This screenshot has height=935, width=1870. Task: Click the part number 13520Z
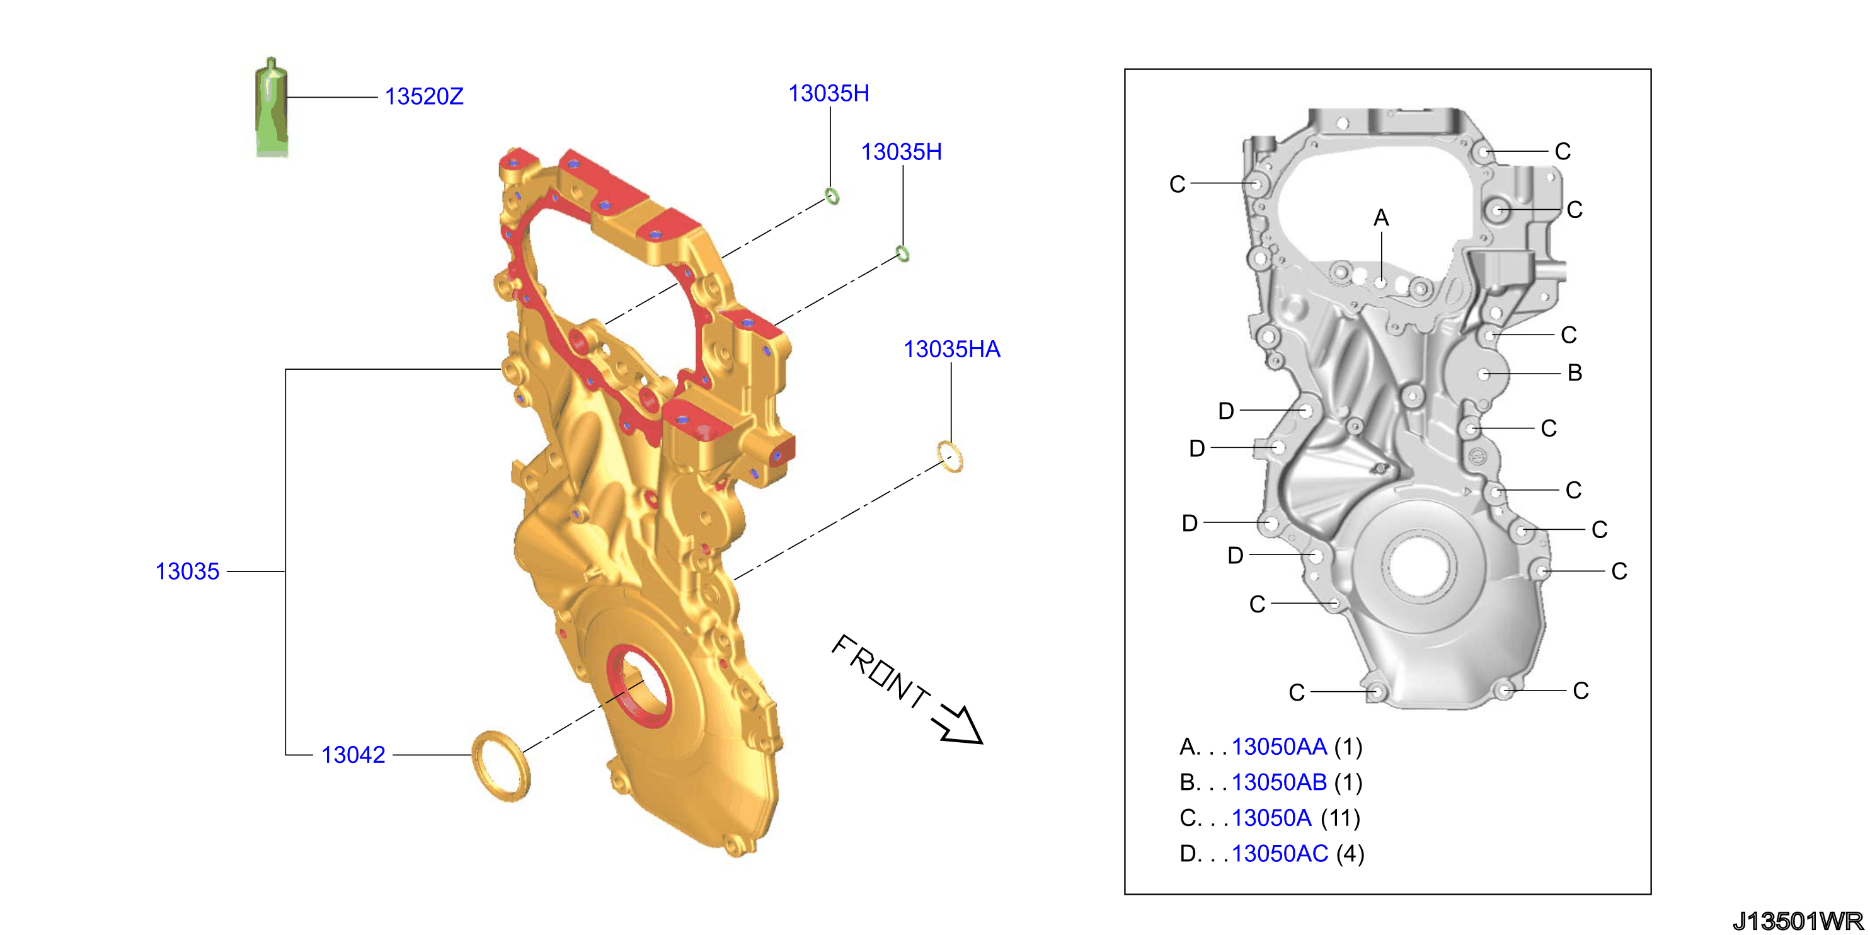pos(424,96)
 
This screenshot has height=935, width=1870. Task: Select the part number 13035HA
pos(951,349)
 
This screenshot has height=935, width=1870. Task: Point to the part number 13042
pos(353,755)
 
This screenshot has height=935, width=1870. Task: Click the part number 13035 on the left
pos(187,571)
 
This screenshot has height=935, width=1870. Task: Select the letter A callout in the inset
pos(1380,218)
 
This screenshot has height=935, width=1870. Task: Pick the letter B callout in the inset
pos(1575,373)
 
